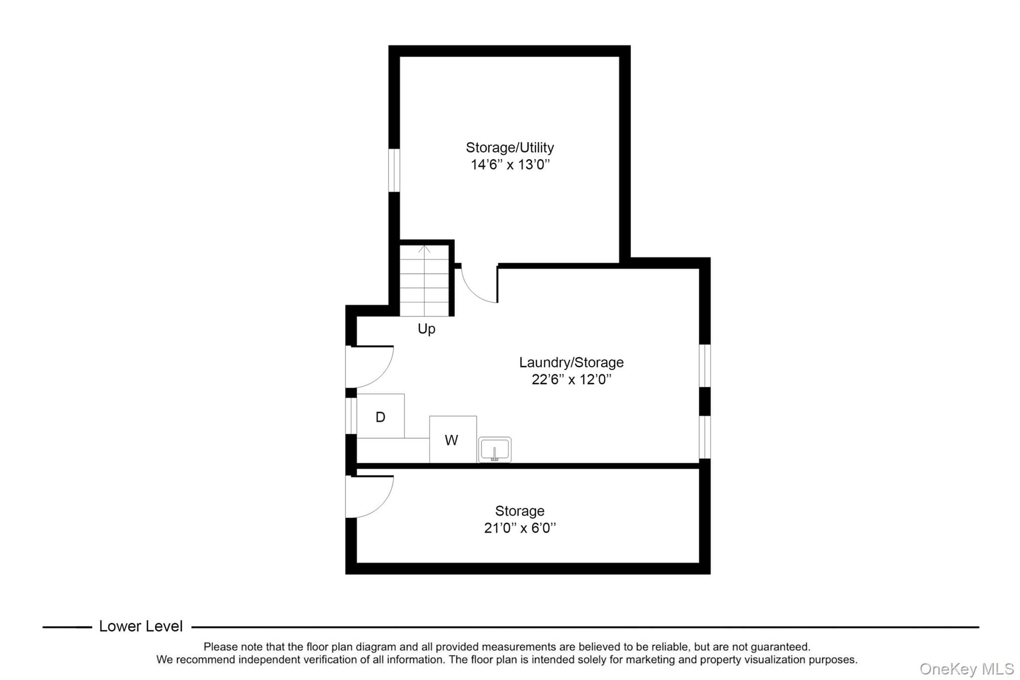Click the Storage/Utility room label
(x=510, y=147)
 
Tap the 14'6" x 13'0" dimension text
(x=510, y=164)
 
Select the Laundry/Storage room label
(x=571, y=362)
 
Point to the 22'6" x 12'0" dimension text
(x=571, y=380)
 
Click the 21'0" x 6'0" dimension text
(x=520, y=528)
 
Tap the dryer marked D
(x=381, y=416)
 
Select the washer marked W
(x=453, y=439)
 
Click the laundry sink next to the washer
(x=495, y=449)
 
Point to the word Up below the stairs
(x=426, y=329)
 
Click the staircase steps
(x=424, y=280)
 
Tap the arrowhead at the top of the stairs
(x=424, y=248)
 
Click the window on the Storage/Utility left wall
(x=394, y=170)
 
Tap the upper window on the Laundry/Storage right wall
(x=705, y=365)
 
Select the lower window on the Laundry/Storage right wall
(x=705, y=437)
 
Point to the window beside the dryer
(x=351, y=416)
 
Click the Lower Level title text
(x=141, y=626)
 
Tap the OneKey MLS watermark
(x=967, y=669)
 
